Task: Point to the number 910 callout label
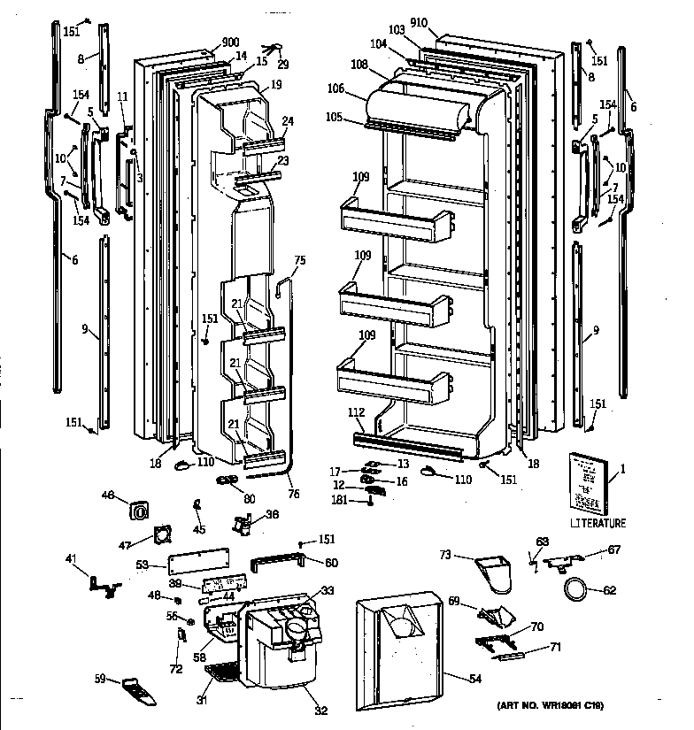[418, 23]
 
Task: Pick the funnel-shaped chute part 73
[496, 570]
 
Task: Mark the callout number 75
[299, 260]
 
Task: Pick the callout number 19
[276, 85]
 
